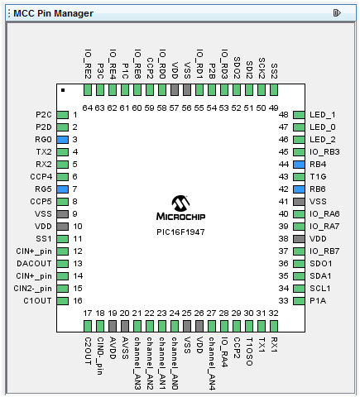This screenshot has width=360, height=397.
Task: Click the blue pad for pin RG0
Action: click(x=63, y=140)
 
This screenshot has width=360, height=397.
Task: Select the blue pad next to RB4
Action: click(x=299, y=165)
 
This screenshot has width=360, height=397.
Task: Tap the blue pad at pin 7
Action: click(x=63, y=189)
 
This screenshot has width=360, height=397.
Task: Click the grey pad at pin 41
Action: click(x=299, y=202)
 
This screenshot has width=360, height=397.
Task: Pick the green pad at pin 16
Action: click(x=63, y=301)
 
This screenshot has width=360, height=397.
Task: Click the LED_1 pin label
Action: click(x=323, y=115)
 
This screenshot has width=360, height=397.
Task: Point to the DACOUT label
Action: click(x=34, y=264)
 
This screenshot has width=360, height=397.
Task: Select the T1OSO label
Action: click(x=249, y=352)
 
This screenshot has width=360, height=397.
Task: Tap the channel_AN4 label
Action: click(x=212, y=364)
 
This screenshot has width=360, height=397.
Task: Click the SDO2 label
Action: click(x=237, y=68)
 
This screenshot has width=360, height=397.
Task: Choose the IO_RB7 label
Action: click(x=324, y=251)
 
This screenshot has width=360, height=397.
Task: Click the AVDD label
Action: click(x=113, y=348)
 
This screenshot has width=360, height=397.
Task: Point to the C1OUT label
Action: click(x=37, y=301)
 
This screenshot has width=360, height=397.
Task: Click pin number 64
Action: click(x=88, y=108)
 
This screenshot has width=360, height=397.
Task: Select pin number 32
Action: click(x=273, y=313)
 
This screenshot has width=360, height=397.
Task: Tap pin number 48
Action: click(x=284, y=115)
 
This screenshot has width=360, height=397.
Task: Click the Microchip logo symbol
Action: click(x=180, y=203)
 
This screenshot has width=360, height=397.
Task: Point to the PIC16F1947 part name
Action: click(x=180, y=232)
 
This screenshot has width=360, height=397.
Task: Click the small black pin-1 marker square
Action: click(x=63, y=90)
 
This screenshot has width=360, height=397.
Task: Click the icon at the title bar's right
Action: click(x=337, y=13)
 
